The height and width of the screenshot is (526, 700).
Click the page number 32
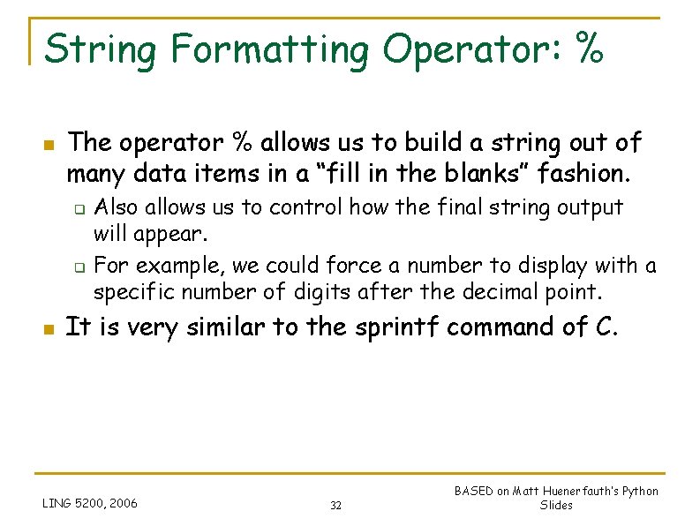[335, 506]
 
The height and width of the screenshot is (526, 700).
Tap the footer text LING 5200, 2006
[90, 504]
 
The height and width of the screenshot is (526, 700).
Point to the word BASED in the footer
[474, 492]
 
